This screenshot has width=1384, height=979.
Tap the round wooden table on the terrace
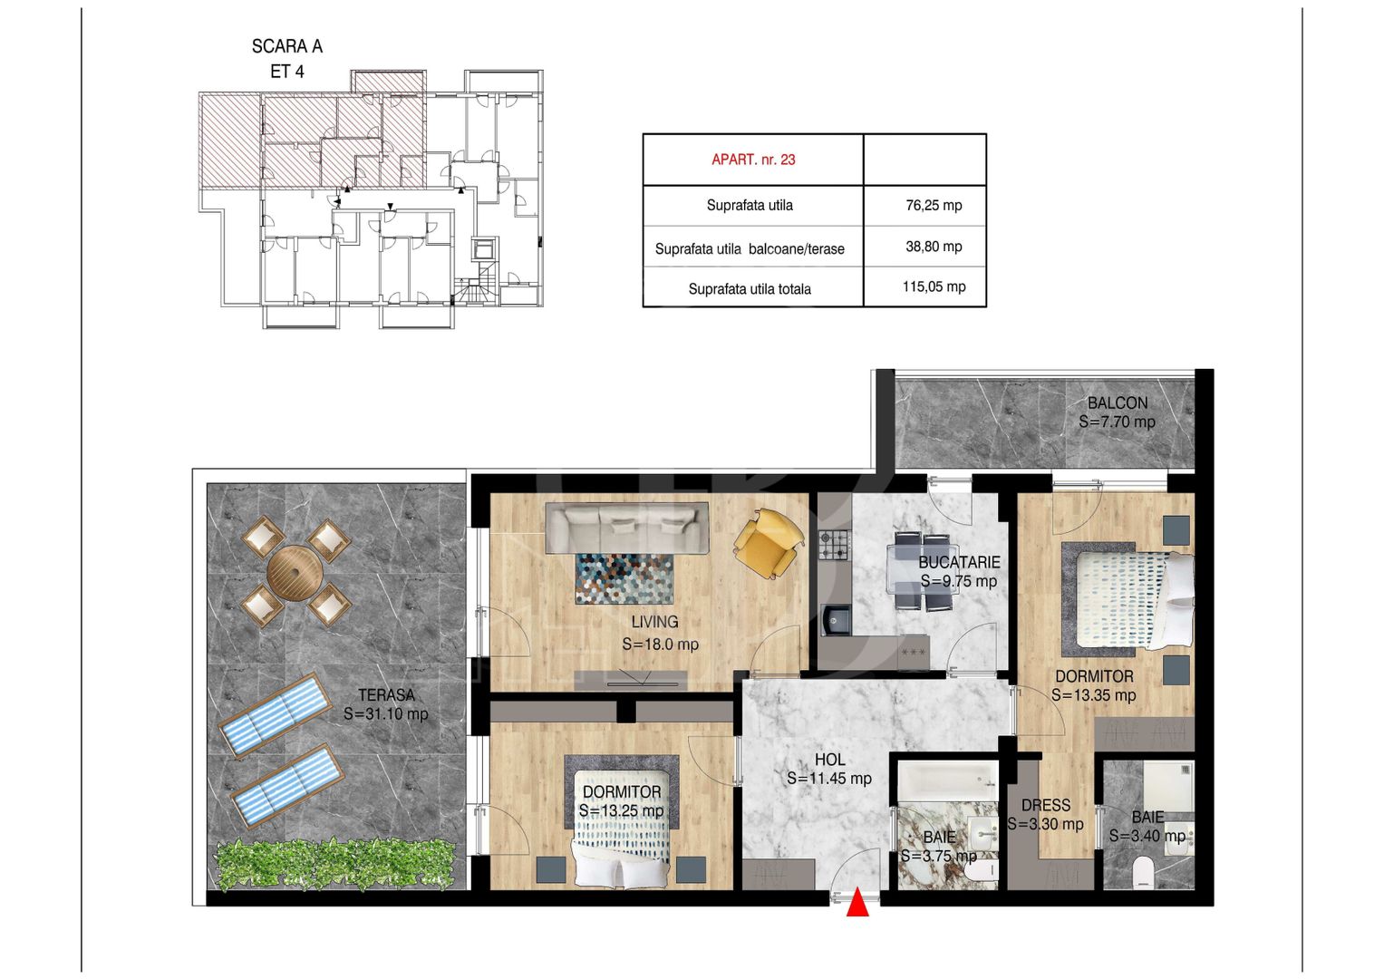point(295,573)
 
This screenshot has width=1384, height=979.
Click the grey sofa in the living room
point(626,528)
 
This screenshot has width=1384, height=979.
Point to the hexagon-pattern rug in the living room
point(624,578)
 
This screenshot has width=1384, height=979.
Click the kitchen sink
point(836,620)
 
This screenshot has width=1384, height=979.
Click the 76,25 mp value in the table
point(934,205)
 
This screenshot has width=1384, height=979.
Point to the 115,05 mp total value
point(934,286)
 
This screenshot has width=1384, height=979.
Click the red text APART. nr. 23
point(753,160)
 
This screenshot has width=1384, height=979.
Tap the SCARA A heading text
point(287,46)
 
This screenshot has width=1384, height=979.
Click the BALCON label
point(1118,403)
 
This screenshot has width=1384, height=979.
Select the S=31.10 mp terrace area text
point(385,714)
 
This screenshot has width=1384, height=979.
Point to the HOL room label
point(829,760)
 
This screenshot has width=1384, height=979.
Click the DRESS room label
point(1045,805)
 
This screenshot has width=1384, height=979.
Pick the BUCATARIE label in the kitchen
point(959,562)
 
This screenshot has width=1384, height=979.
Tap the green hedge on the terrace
point(334,864)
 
